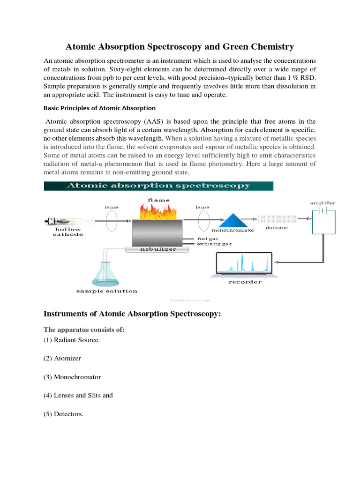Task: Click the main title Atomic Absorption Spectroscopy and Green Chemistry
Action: click(180, 46)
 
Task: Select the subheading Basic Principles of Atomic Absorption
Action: click(99, 108)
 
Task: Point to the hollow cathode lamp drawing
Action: click(67, 220)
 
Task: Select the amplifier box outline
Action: click(324, 221)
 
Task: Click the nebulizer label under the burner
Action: click(158, 249)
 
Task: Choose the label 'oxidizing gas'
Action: click(214, 244)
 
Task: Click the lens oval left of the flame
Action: click(112, 219)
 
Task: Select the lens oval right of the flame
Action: click(203, 219)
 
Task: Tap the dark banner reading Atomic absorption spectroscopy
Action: click(158, 186)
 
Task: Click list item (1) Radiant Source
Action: click(72, 340)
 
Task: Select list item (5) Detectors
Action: click(63, 413)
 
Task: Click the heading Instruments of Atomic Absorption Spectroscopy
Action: click(132, 314)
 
